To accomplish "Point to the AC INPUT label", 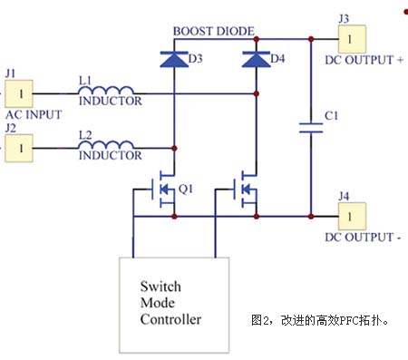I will pyautogui.click(x=33, y=115).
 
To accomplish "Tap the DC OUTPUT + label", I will pyautogui.click(x=364, y=61).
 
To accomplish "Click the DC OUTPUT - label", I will pyautogui.click(x=362, y=238).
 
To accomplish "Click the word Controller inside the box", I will pyautogui.click(x=170, y=319).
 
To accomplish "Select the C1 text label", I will pyautogui.click(x=331, y=116).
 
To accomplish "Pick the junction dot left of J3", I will pyautogui.click(x=311, y=39).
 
